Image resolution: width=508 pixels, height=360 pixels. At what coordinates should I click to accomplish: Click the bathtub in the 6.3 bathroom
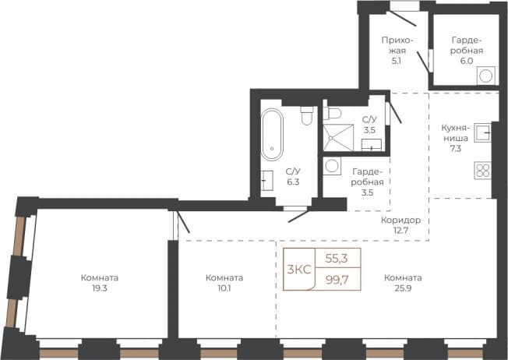[272, 135]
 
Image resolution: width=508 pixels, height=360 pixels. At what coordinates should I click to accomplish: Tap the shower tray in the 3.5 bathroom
[338, 138]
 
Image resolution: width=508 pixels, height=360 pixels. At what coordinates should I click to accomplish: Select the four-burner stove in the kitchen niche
[483, 171]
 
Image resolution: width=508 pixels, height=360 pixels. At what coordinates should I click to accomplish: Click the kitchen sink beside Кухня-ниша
[483, 132]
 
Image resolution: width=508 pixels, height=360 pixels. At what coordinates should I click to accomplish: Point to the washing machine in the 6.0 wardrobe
[486, 76]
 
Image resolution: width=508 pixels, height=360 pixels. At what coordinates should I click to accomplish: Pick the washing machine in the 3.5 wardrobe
[332, 166]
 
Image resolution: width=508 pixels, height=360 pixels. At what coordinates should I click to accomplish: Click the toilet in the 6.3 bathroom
[307, 115]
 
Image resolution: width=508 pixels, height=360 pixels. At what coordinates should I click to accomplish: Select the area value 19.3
[100, 288]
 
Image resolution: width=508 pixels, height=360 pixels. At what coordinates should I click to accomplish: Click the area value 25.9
[403, 288]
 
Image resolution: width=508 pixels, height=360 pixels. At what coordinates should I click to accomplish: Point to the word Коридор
[400, 221]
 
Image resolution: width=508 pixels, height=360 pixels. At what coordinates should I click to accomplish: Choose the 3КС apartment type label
[299, 270]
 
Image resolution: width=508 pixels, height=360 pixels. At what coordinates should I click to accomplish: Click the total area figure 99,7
[337, 279]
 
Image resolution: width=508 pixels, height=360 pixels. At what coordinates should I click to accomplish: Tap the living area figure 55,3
[337, 259]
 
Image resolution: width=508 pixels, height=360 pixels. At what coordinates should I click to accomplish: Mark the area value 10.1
[224, 288]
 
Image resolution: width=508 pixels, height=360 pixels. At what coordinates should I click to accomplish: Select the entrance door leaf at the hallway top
[403, 19]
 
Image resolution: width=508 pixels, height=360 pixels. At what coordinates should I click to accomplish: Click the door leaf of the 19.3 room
[184, 222]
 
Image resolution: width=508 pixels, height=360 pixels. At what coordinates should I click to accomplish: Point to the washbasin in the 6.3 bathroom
[267, 181]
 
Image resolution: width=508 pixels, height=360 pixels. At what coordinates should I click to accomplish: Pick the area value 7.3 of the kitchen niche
[455, 148]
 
